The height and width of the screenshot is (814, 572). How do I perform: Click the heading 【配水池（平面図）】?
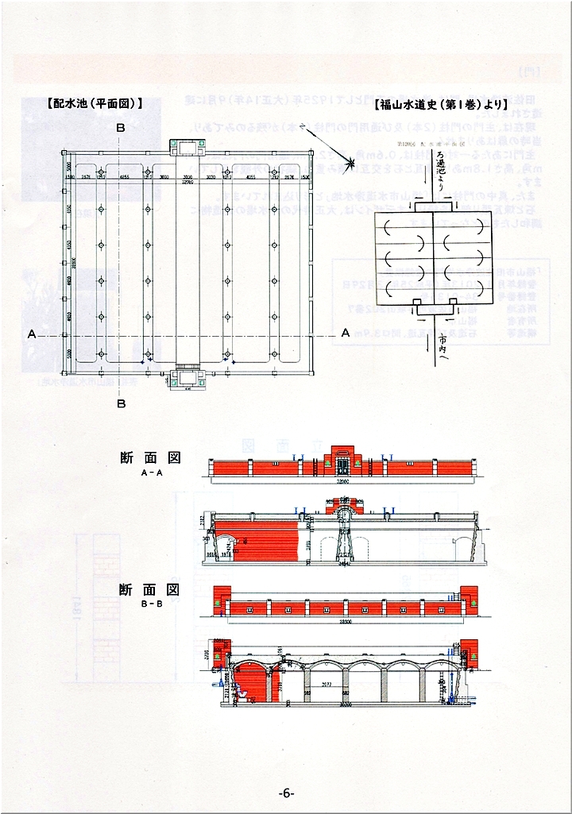click(95, 103)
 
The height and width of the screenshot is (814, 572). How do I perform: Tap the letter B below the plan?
click(121, 403)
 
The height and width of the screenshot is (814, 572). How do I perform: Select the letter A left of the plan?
click(32, 334)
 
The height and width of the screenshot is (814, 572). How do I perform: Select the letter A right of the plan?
click(345, 334)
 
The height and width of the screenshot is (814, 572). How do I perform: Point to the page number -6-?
click(287, 793)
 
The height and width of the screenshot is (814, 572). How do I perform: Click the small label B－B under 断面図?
click(151, 603)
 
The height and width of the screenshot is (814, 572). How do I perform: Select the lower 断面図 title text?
click(150, 589)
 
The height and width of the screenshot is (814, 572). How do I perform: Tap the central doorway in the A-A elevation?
click(342, 466)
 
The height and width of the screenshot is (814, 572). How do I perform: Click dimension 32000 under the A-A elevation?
click(342, 482)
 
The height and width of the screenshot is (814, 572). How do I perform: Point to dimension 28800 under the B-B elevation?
click(343, 620)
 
